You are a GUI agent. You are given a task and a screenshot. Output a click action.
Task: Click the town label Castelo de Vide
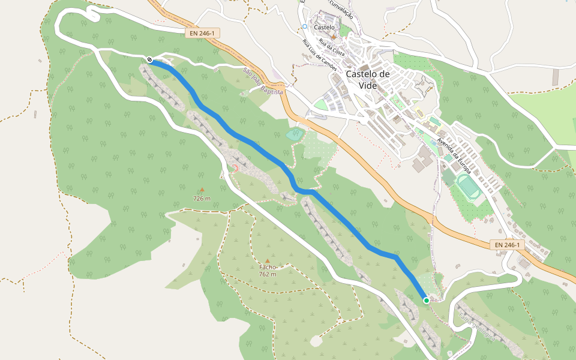[x=368, y=79]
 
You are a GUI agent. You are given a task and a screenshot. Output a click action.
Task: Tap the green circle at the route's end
[x=426, y=300]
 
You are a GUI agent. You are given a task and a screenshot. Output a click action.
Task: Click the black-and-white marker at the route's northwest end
[x=149, y=59]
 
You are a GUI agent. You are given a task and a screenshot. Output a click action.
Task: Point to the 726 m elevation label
[x=202, y=198]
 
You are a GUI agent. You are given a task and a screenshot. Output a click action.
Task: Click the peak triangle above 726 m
[x=202, y=190]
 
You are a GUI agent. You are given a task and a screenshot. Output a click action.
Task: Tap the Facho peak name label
[x=268, y=267]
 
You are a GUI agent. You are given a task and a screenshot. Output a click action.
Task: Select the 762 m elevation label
[x=268, y=274]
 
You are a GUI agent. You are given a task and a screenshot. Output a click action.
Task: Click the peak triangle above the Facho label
[x=268, y=260]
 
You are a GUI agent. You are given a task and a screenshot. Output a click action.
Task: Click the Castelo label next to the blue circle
[x=324, y=27]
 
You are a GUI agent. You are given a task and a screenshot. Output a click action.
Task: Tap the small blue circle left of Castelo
[x=305, y=26]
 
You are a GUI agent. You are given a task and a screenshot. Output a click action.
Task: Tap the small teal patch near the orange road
[x=295, y=134]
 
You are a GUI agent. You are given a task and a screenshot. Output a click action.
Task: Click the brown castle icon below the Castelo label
[x=334, y=37]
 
